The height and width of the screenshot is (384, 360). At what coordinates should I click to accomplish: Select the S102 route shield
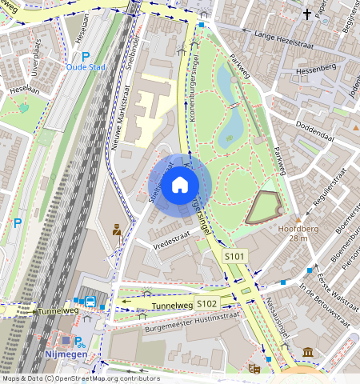tap(207, 304)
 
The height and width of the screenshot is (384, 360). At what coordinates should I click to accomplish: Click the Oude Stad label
tap(86, 67)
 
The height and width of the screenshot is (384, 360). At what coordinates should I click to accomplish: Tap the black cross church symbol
tap(306, 14)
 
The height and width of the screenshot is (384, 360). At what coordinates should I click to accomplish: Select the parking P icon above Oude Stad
tap(85, 56)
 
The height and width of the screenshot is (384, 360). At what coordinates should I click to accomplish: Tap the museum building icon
tap(308, 352)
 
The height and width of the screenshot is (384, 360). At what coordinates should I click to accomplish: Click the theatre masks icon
tap(254, 368)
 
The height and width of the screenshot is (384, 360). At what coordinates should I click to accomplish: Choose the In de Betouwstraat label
tap(325, 304)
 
